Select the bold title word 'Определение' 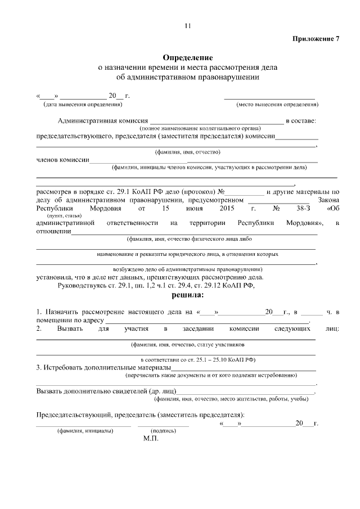pyautogui.click(x=188, y=57)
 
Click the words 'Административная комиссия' pyautogui.click(x=102, y=120)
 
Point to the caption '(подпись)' pyautogui.click(x=164, y=431)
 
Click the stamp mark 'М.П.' pyautogui.click(x=151, y=438)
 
